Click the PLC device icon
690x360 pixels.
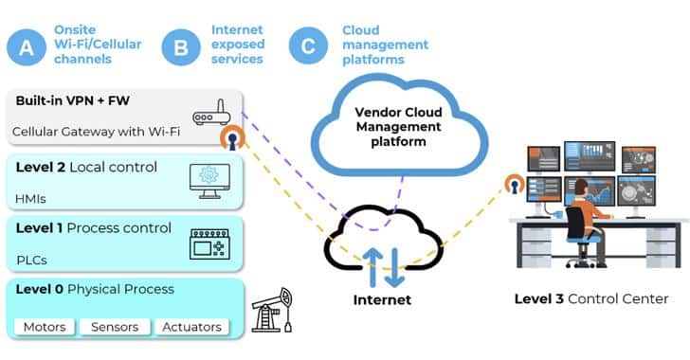[x=209, y=243]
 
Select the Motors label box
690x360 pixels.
[x=45, y=327]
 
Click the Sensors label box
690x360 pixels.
[x=114, y=327]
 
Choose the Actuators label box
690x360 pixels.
[x=191, y=327]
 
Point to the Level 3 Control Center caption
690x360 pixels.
[x=590, y=298]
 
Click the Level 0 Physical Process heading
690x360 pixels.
[x=95, y=288]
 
